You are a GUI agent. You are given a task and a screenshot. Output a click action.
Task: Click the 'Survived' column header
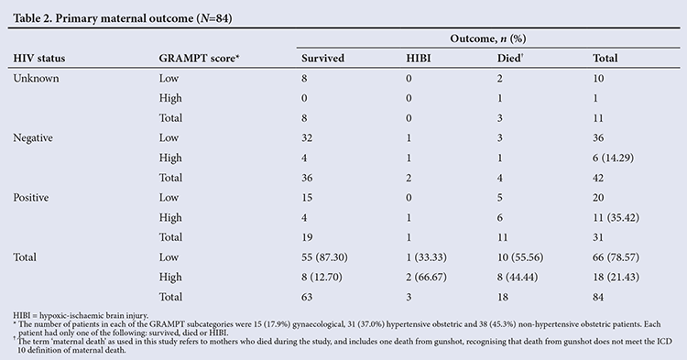323,59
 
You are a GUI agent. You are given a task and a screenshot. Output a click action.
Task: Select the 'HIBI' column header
419,59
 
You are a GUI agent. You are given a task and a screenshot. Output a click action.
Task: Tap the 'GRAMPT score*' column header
199,59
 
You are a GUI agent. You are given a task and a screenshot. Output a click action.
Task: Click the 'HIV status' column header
39,59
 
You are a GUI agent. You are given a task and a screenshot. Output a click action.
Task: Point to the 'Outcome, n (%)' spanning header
488,38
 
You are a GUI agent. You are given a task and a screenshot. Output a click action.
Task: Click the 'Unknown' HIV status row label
36,79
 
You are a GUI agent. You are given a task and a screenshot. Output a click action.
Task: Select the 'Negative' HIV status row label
33,138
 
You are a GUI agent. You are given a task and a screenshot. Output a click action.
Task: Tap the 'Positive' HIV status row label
30,198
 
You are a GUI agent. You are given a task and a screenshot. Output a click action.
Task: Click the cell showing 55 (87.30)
324,257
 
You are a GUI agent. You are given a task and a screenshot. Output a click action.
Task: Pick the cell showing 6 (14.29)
614,158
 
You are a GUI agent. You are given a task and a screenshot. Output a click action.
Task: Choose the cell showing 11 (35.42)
616,217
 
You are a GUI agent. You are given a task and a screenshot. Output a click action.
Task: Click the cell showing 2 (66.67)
426,277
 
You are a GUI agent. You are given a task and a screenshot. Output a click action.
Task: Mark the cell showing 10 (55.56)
520,257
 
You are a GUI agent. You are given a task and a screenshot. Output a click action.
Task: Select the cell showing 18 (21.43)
616,277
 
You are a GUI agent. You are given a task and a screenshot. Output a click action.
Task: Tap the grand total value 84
598,297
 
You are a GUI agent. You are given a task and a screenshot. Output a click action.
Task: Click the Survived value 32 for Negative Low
307,138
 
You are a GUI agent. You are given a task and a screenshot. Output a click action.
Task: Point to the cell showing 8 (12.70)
322,277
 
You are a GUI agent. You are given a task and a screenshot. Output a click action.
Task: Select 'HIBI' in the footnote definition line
21,315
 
